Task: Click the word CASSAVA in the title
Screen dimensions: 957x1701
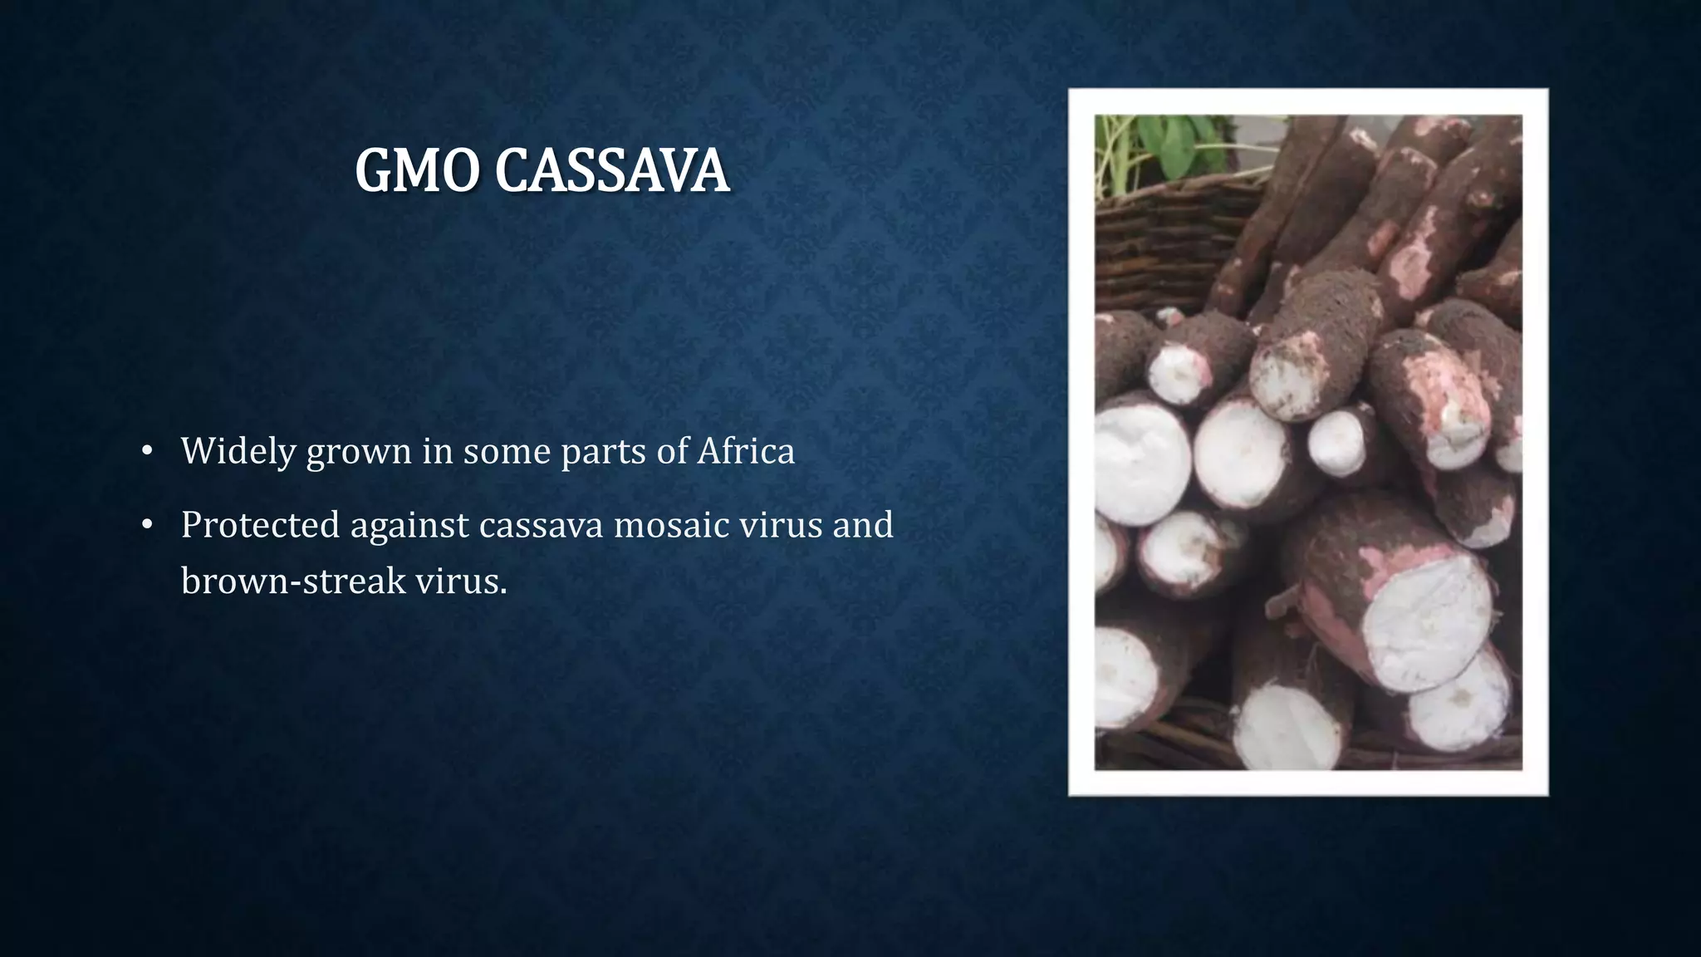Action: [x=612, y=171]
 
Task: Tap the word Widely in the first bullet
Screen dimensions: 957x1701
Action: [x=238, y=451]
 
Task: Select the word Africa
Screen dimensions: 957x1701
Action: [x=746, y=451]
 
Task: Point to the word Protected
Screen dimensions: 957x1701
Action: [x=260, y=525]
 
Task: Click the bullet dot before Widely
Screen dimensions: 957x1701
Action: [x=147, y=451]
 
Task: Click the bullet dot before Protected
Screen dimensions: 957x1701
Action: [x=147, y=525]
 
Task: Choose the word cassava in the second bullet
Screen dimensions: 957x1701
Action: [x=541, y=525]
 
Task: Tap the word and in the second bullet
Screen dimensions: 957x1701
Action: [x=863, y=525]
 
